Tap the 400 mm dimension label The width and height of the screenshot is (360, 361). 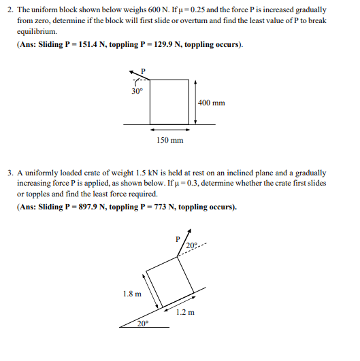pyautogui.click(x=212, y=103)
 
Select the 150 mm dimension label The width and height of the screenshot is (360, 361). pyautogui.click(x=169, y=140)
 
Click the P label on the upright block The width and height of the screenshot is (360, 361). pyautogui.click(x=142, y=71)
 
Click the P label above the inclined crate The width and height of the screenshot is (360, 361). pyautogui.click(x=177, y=239)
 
